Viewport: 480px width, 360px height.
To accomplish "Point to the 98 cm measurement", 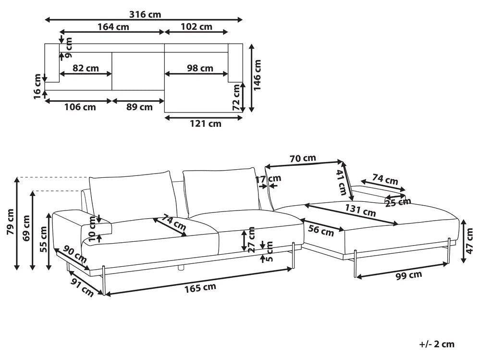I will coord(199,68).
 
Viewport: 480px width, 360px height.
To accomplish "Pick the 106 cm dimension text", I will coord(80,107).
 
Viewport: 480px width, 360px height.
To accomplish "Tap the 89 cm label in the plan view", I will coord(139,107).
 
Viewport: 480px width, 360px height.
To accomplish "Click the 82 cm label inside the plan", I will coord(86,68).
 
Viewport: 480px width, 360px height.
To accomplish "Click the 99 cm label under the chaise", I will coord(408,275).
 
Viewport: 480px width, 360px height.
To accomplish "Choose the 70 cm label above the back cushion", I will coord(303,158).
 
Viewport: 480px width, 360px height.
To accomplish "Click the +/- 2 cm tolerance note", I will coord(436,344).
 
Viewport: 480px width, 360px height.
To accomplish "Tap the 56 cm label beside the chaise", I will coord(320,231).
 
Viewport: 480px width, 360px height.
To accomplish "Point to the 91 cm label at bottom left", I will coord(81,287).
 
